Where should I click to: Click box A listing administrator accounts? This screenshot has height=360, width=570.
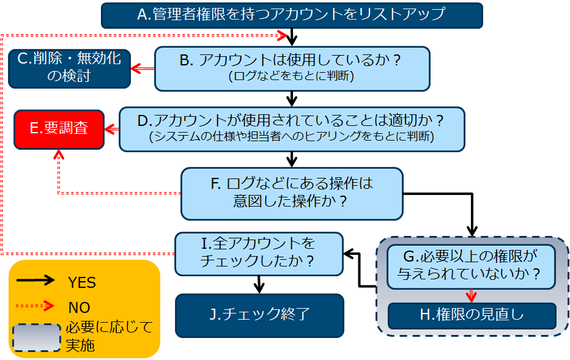(x=292, y=15)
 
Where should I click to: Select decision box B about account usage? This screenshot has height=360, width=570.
(x=292, y=68)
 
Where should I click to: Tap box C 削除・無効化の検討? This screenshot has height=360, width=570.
(x=70, y=68)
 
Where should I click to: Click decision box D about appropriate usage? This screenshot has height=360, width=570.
(x=292, y=129)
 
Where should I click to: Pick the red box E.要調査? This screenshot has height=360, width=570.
(x=59, y=130)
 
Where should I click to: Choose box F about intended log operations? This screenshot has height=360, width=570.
(x=292, y=194)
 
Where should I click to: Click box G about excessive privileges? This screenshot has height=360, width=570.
(x=471, y=266)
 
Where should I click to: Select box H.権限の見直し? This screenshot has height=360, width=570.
(x=472, y=315)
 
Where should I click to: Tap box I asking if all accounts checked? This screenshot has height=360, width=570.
(x=259, y=254)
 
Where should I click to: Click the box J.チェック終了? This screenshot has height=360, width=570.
(x=259, y=315)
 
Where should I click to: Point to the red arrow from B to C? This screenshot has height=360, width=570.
(x=142, y=68)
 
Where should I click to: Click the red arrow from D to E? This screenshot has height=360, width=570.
(x=112, y=129)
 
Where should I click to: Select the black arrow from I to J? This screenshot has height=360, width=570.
(x=259, y=285)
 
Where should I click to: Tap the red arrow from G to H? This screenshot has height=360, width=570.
(x=471, y=296)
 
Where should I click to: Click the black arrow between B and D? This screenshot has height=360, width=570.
(x=292, y=99)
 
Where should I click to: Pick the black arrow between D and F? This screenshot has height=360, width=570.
(x=292, y=160)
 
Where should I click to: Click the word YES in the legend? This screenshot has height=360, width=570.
(x=82, y=282)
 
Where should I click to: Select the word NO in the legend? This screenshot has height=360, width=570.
(x=80, y=307)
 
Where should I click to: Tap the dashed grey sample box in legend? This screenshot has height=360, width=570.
(x=37, y=338)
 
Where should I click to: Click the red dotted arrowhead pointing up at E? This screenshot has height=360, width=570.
(x=59, y=155)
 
